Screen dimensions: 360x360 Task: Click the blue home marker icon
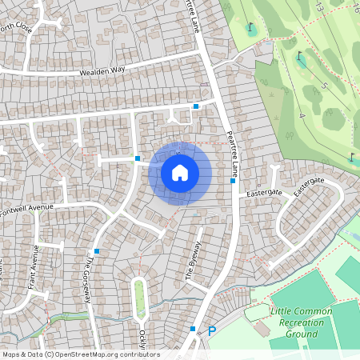[x=180, y=172]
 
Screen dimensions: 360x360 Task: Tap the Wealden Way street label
[x=102, y=72]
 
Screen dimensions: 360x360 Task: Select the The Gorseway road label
[x=90, y=278]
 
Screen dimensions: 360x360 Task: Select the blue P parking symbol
[x=212, y=330]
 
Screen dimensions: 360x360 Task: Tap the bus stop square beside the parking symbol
[x=193, y=328]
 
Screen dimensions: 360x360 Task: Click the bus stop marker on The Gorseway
[x=97, y=251]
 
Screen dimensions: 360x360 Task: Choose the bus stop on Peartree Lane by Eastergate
[x=232, y=181]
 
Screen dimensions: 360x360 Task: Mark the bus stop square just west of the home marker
[x=138, y=158]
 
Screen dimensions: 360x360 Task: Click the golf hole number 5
[x=324, y=85]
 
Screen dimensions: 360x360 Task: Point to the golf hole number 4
[x=302, y=116]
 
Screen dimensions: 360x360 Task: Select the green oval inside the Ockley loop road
[x=140, y=295]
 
